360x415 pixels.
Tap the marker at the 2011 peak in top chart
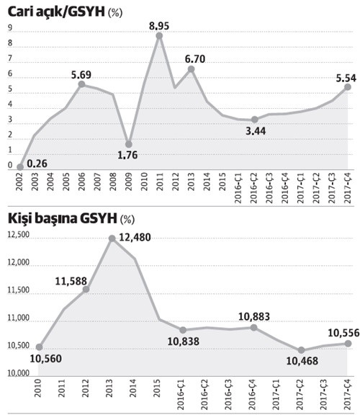click(x=159, y=36)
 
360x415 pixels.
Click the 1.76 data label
click(x=127, y=155)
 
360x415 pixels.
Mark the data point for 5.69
click(x=81, y=84)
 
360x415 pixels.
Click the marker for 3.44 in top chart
click(x=254, y=120)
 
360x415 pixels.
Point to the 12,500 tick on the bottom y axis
click(x=18, y=236)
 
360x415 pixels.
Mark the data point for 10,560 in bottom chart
click(x=39, y=347)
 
